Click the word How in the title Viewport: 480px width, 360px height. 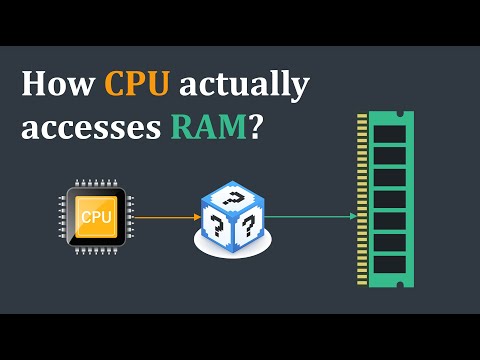coord(54,85)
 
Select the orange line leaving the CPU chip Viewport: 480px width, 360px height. coord(160,216)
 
